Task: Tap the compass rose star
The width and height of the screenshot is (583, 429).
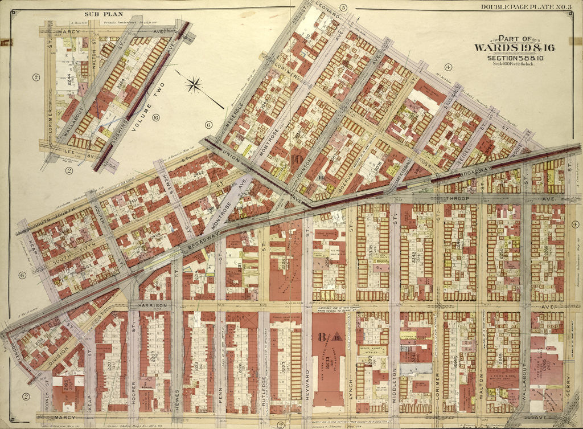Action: click(194, 85)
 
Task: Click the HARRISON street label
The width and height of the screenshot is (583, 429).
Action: click(153, 306)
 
